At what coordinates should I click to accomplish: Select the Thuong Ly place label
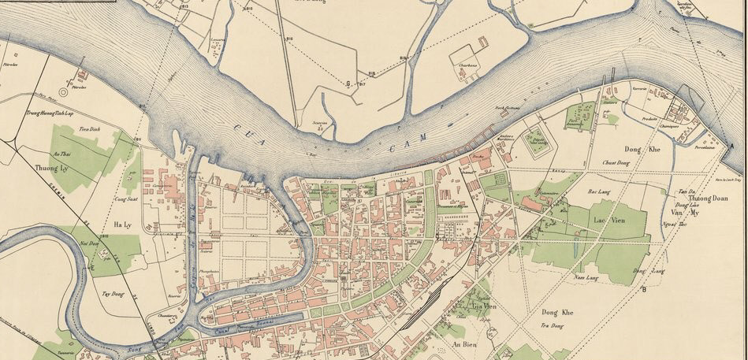pyautogui.click(x=48, y=169)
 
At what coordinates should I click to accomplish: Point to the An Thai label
pyautogui.click(x=61, y=154)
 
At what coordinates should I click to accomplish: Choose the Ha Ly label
pyautogui.click(x=123, y=225)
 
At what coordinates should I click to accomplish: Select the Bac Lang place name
pyautogui.click(x=601, y=191)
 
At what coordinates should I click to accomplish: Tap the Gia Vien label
pyautogui.click(x=484, y=305)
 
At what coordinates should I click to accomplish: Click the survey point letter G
pyautogui.click(x=348, y=82)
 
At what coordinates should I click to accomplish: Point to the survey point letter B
pyautogui.click(x=644, y=289)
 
